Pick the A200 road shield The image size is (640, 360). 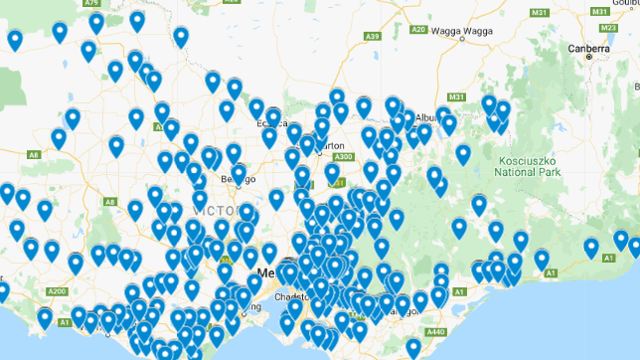(57, 291)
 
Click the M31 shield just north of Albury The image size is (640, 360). (456, 97)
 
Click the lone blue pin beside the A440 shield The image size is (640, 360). (413, 347)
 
